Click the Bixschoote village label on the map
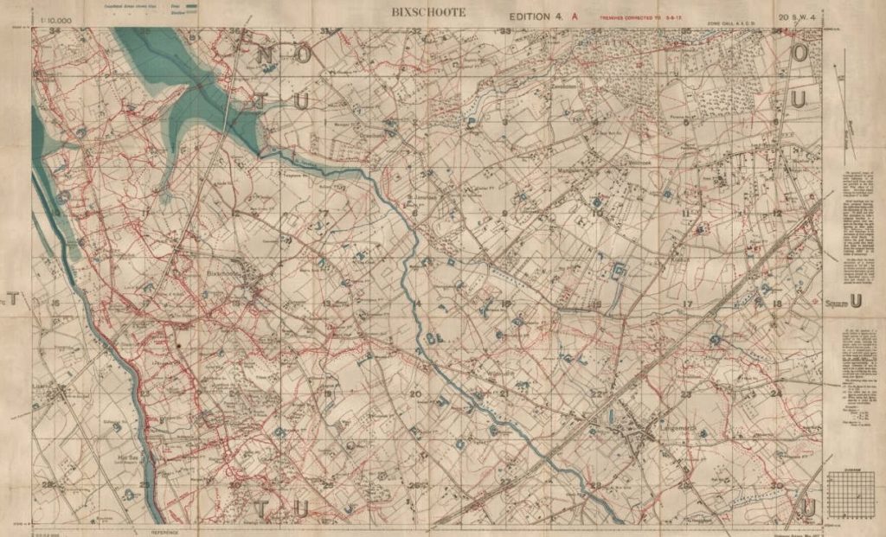click(223, 273)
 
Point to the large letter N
click(266, 55)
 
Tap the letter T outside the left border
click(12, 300)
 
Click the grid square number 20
click(415, 394)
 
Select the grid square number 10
click(597, 213)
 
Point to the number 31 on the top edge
click(325, 32)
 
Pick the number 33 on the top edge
click(505, 32)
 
